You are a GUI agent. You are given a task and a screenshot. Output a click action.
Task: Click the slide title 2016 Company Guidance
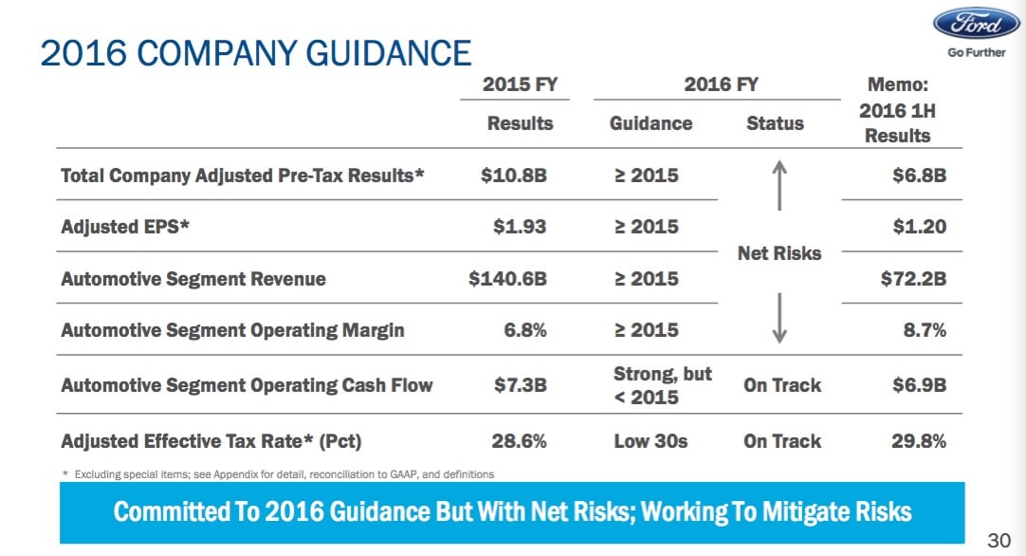click(x=255, y=53)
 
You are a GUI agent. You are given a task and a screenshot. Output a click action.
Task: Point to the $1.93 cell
click(x=522, y=227)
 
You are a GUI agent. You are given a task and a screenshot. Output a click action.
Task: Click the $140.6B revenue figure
click(x=508, y=279)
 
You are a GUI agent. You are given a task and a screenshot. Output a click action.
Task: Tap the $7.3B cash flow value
click(x=521, y=385)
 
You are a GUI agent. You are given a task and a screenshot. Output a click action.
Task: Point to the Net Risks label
click(x=779, y=253)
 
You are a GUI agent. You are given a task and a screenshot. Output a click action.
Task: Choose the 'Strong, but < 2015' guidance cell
click(x=662, y=385)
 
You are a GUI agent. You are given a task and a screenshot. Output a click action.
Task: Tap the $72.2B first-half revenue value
click(x=914, y=279)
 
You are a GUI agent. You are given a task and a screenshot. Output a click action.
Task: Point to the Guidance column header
click(x=650, y=123)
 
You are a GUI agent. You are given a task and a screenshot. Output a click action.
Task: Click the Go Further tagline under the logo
click(x=976, y=53)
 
